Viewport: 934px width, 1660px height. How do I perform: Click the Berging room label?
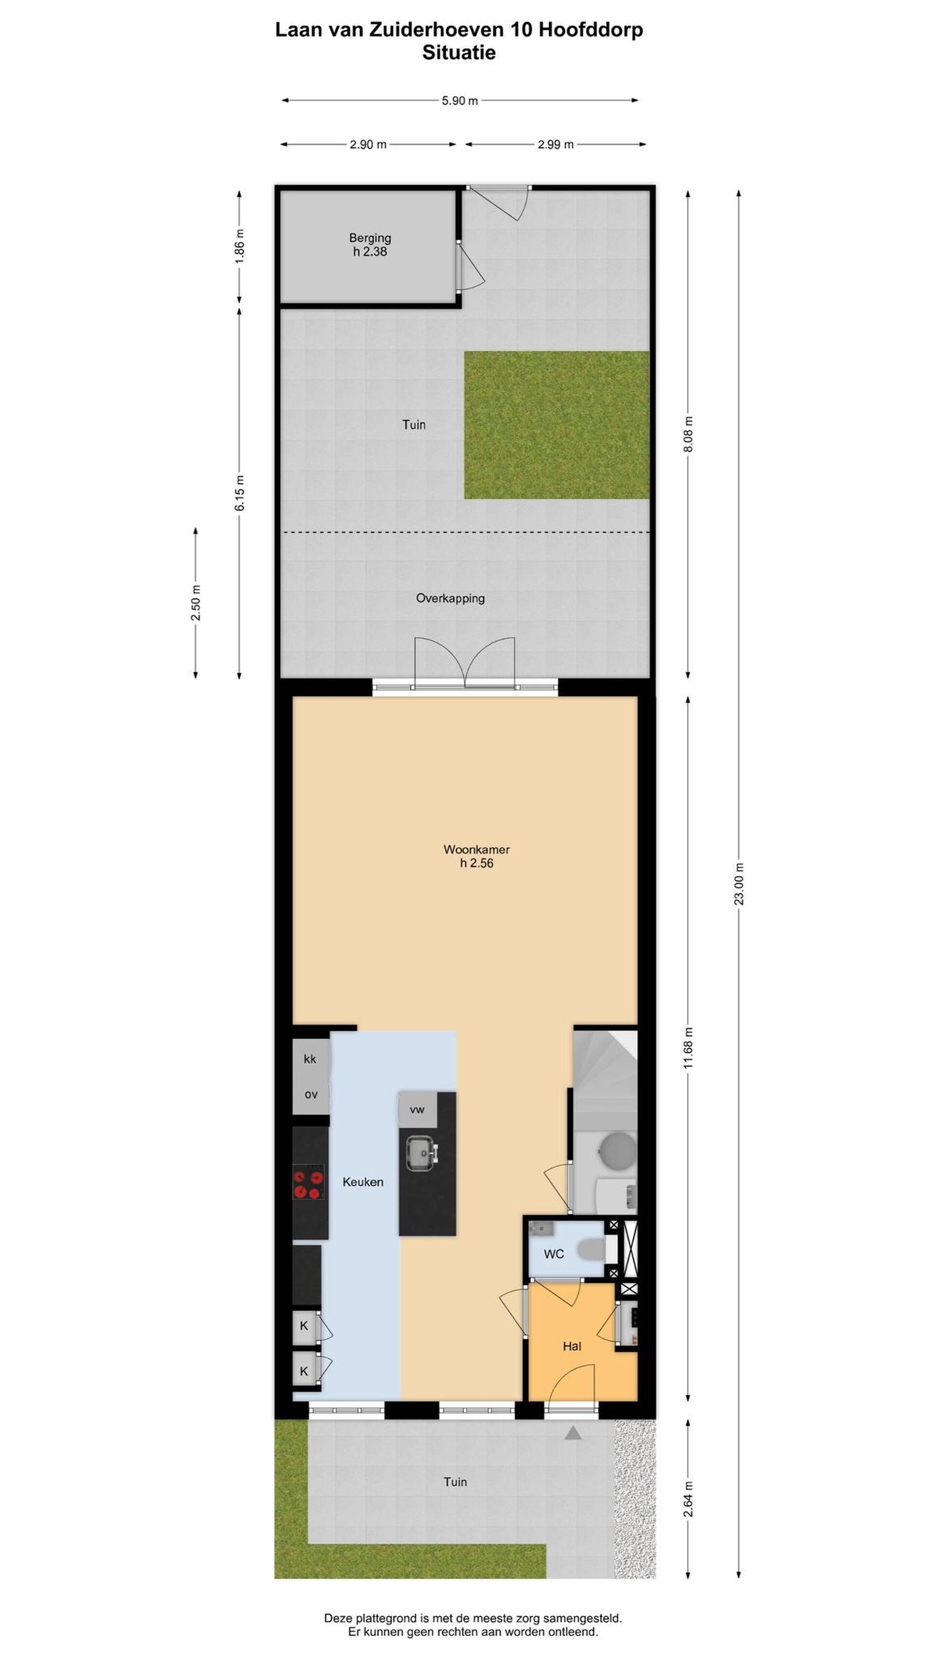[x=370, y=238]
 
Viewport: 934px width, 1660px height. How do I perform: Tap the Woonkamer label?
[x=476, y=849]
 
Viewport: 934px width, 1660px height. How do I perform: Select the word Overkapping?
[x=450, y=599]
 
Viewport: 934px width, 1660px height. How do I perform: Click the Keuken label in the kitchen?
[x=363, y=1182]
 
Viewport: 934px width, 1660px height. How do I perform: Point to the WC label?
[x=554, y=1254]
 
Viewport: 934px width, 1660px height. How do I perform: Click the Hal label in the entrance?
[x=572, y=1346]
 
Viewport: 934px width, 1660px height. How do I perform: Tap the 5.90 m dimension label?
[x=460, y=101]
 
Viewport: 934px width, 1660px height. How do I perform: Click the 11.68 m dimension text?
[x=688, y=1048]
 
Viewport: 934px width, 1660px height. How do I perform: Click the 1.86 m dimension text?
[x=240, y=246]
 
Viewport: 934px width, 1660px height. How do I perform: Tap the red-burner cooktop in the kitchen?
[x=307, y=1184]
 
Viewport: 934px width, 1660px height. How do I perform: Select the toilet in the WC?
[x=591, y=1250]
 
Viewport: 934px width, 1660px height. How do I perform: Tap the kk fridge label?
[x=310, y=1059]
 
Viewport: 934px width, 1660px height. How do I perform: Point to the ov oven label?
[x=311, y=1094]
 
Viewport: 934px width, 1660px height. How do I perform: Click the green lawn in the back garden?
[x=557, y=425]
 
